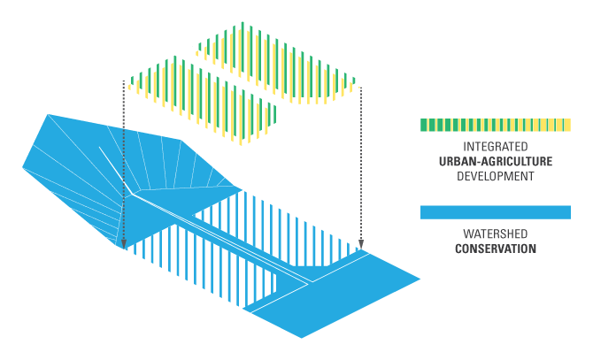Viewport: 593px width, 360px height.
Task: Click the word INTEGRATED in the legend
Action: coord(495,146)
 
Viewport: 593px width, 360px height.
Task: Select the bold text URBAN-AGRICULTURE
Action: coord(495,161)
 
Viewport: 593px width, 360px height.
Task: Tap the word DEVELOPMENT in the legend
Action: coord(495,176)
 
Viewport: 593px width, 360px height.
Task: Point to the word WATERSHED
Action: coord(495,234)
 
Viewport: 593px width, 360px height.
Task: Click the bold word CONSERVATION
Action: coord(495,249)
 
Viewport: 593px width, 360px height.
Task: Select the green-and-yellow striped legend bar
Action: coord(495,125)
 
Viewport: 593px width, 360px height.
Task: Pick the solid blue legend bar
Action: coord(495,212)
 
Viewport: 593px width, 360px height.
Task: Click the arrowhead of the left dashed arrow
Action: coord(124,244)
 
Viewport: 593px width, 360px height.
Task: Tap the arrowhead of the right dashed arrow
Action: coord(361,244)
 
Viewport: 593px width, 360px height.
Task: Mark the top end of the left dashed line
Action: coord(124,81)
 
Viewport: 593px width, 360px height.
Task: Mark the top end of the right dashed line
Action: coord(361,84)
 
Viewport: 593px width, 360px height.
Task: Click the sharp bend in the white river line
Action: coord(132,192)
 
